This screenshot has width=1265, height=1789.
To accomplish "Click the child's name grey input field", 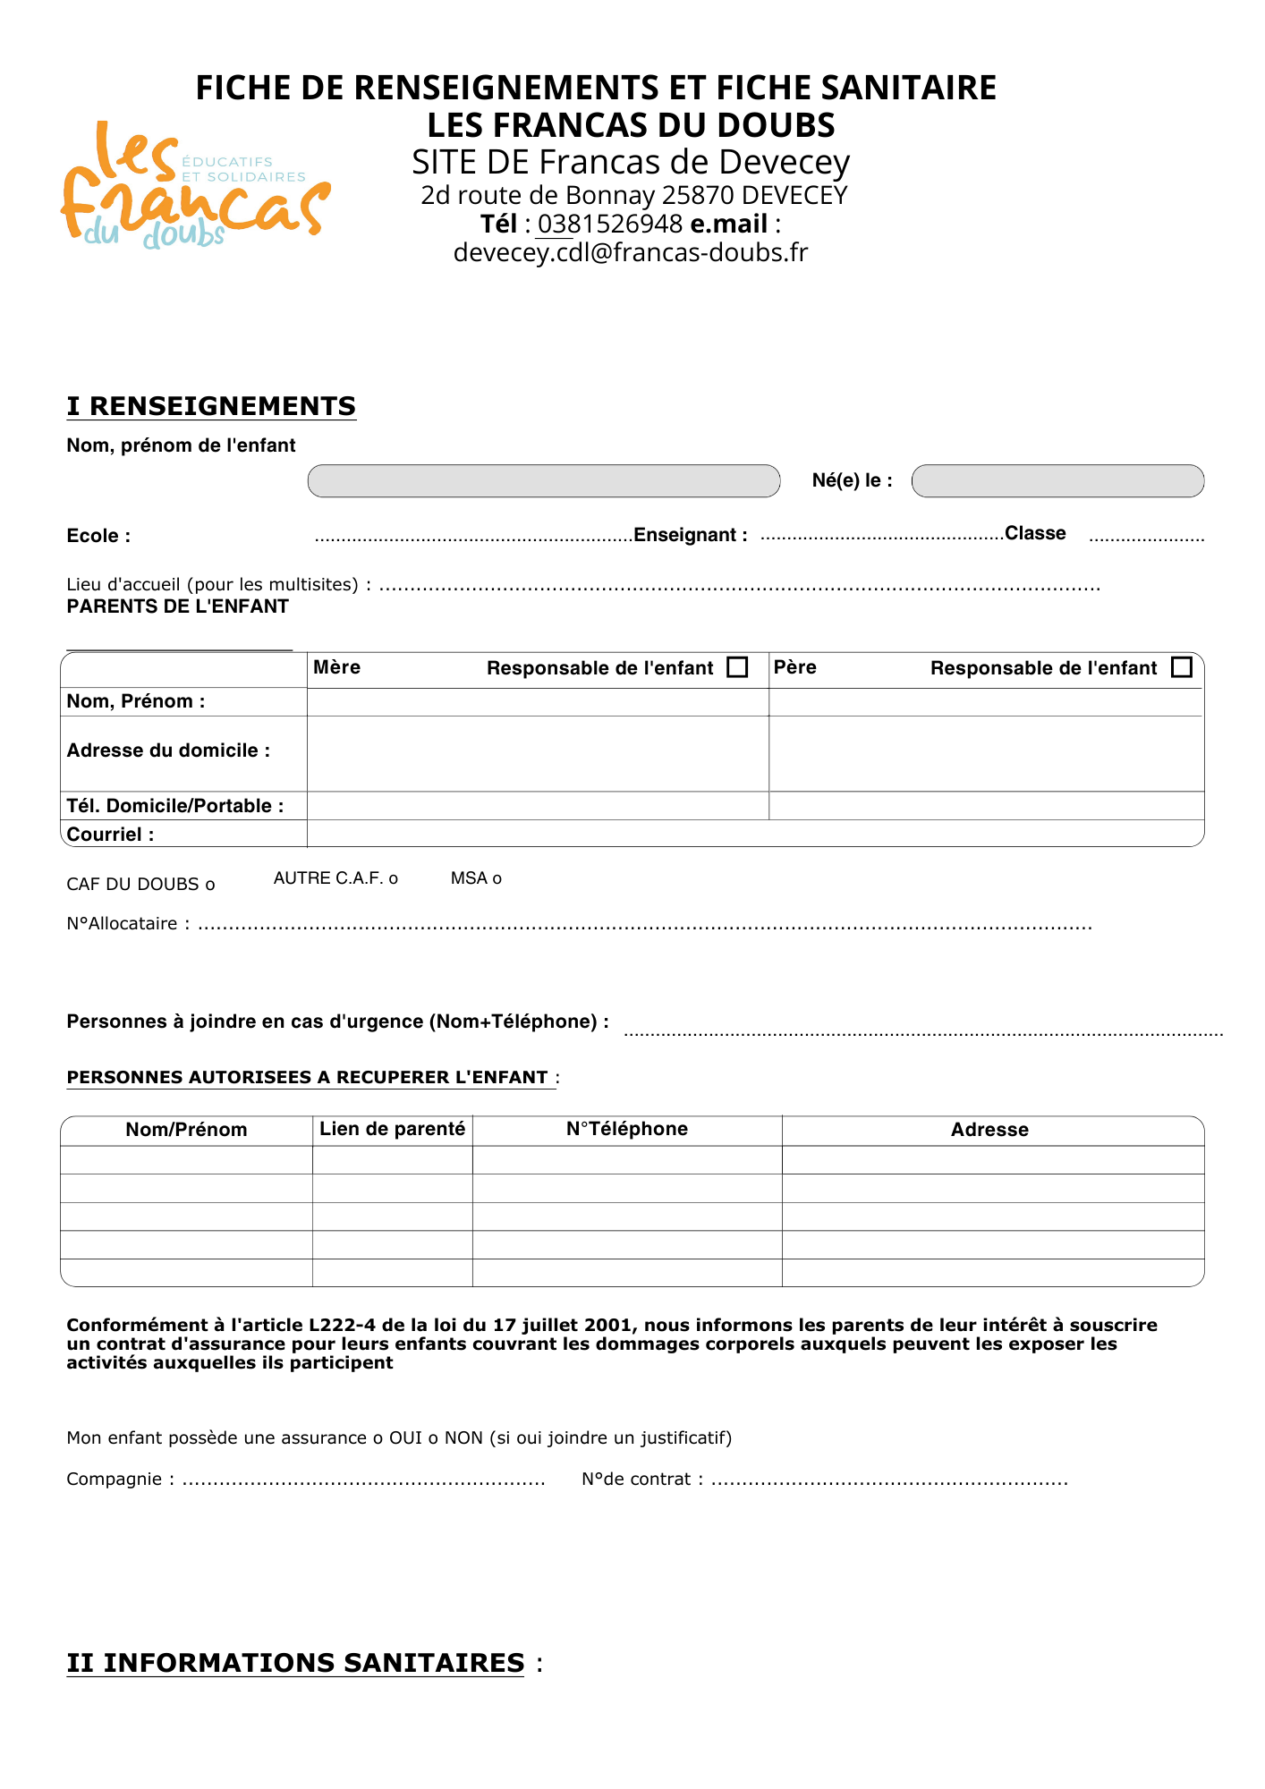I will tap(543, 481).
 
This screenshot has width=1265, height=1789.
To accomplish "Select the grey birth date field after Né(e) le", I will tap(1057, 481).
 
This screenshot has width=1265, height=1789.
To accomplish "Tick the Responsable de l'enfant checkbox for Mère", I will tap(737, 667).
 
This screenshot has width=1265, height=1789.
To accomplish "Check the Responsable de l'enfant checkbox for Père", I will tap(1181, 667).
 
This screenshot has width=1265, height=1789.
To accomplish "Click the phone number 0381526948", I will tap(609, 224).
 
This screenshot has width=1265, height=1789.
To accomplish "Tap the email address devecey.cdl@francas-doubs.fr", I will tap(630, 252).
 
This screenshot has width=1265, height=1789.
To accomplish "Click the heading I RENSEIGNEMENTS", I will tap(211, 406).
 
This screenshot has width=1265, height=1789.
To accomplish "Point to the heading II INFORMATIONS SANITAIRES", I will tap(295, 1663).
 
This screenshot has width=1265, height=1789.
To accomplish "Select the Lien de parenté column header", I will tap(392, 1129).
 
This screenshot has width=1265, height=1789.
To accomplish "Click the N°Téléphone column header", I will tap(626, 1129).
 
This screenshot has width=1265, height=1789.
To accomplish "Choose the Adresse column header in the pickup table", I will tap(989, 1130).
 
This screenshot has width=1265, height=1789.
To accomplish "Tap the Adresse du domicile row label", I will tap(168, 750).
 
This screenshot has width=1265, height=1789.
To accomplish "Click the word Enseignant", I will tap(684, 535).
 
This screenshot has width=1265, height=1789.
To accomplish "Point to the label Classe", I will tap(1035, 533).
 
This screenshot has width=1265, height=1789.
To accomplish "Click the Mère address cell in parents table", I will tap(537, 753).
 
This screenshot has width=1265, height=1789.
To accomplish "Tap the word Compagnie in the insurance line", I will tap(114, 1479).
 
